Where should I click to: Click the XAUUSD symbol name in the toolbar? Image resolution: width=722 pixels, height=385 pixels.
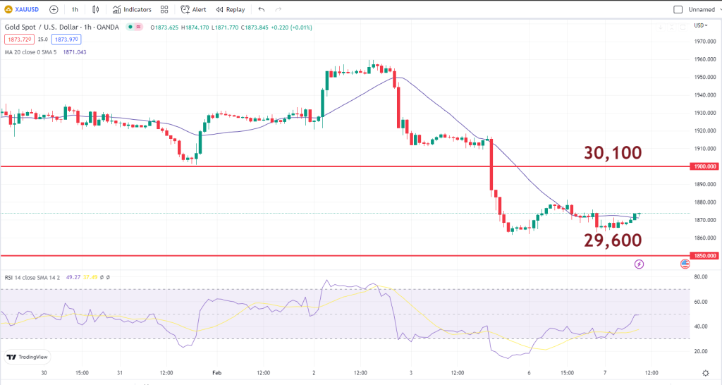tap(27, 10)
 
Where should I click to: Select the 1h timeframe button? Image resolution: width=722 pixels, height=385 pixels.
tap(75, 10)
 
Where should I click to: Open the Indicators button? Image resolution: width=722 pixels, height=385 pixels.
tap(132, 10)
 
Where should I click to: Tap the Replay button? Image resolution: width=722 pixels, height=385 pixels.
tap(231, 10)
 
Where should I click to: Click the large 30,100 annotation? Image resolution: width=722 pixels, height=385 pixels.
tap(613, 153)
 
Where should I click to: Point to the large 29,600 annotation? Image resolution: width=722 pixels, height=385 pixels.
tap(613, 240)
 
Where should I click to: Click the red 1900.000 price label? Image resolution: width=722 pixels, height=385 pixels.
tap(704, 166)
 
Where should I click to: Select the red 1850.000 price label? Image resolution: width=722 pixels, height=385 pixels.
tap(704, 255)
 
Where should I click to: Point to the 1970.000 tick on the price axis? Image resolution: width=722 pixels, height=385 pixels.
tap(704, 42)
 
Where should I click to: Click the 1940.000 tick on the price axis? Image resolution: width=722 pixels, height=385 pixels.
tap(704, 95)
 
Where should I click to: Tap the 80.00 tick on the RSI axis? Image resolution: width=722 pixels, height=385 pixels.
tap(702, 277)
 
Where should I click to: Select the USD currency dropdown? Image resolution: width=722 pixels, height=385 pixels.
tap(701, 25)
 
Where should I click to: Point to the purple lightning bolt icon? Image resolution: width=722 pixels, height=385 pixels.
tap(639, 264)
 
